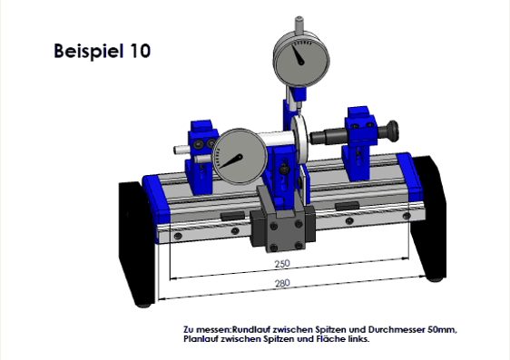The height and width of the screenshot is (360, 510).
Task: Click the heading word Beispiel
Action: (x=88, y=52)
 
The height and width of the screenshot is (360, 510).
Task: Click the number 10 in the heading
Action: (x=141, y=51)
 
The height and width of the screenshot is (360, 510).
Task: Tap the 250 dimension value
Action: (x=282, y=264)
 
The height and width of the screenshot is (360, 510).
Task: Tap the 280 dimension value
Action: (x=282, y=283)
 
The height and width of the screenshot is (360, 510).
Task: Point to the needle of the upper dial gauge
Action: (x=298, y=54)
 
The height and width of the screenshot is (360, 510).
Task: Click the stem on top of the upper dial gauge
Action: (x=299, y=24)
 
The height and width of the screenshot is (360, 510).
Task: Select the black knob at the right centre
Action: (x=391, y=131)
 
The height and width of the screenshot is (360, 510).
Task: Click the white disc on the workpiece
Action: (x=299, y=140)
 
